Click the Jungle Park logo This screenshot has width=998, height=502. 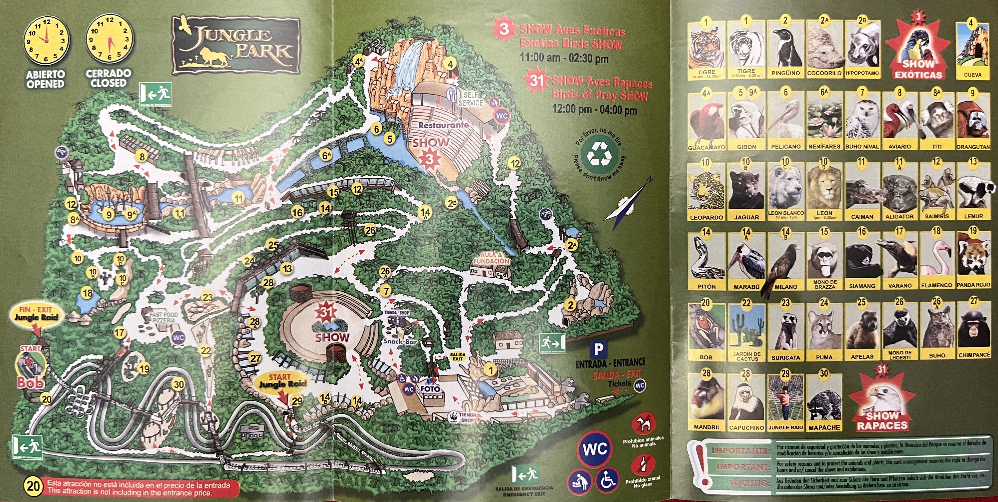click(x=236, y=44)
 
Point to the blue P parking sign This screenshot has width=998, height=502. click(x=598, y=349)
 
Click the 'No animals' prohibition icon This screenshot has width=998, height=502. click(x=643, y=423)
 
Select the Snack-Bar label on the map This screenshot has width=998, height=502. click(x=400, y=341)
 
